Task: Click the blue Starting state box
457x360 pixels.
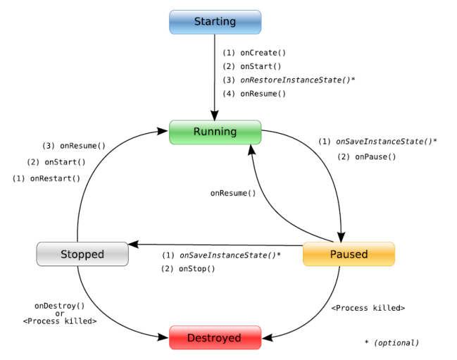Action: [x=215, y=22]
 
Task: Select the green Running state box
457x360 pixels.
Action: [x=215, y=132]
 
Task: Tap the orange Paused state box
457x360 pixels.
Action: [x=349, y=254]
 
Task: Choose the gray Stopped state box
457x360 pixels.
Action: [x=82, y=254]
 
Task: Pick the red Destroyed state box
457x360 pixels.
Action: [x=215, y=337]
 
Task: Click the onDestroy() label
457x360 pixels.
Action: [x=60, y=306]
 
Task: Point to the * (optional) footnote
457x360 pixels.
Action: [x=392, y=343]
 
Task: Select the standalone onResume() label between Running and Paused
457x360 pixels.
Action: [x=233, y=193]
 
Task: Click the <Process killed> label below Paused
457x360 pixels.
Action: [x=368, y=308]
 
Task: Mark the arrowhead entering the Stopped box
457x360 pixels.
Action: [x=133, y=244]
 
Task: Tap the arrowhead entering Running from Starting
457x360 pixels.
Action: [x=215, y=116]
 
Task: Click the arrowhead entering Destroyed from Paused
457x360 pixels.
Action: [x=267, y=338]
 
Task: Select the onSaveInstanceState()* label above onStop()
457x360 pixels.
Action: [x=221, y=255]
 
